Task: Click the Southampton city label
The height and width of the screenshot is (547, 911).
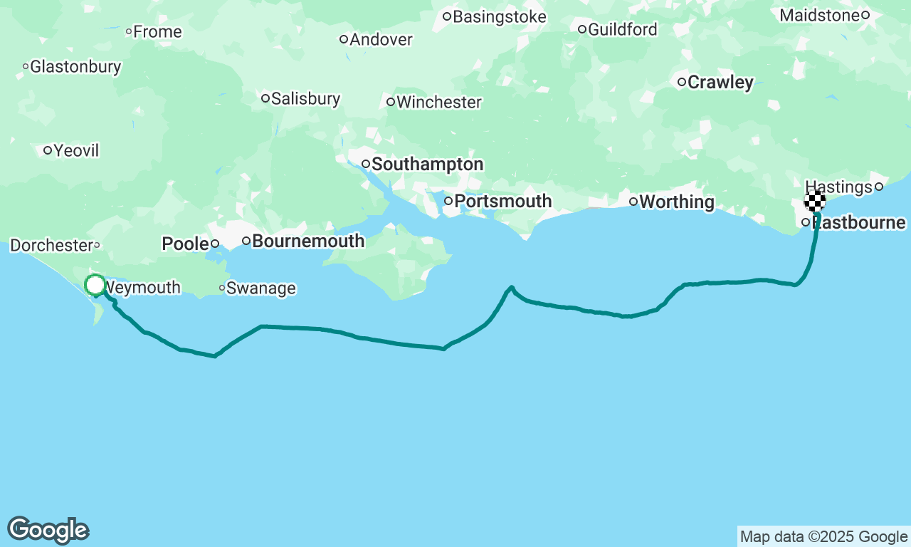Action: click(x=427, y=165)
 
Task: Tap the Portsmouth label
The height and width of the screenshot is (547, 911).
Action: click(x=502, y=202)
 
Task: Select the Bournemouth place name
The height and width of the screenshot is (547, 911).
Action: click(x=308, y=241)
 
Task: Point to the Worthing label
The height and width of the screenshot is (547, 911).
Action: click(x=676, y=202)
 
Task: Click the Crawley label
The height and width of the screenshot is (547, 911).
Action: click(x=720, y=83)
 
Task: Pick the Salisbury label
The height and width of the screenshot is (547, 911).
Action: click(x=305, y=98)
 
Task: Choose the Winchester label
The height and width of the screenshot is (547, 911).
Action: click(x=438, y=103)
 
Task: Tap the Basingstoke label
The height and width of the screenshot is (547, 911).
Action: click(x=499, y=16)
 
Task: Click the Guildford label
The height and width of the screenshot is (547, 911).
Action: click(x=622, y=30)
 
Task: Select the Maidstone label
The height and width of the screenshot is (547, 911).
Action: click(x=820, y=15)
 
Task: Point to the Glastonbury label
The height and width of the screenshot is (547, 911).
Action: click(x=75, y=67)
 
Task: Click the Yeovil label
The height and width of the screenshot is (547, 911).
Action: click(x=76, y=151)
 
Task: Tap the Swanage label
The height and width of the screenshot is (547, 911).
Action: click(x=260, y=288)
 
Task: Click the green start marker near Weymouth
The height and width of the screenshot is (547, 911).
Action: click(x=95, y=286)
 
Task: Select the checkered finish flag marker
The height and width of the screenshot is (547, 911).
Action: click(x=815, y=201)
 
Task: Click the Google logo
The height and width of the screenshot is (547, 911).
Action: click(x=48, y=531)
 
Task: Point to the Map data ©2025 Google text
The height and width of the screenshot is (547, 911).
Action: click(x=823, y=537)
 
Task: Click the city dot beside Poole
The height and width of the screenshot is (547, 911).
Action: click(x=214, y=244)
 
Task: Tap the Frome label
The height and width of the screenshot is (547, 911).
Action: click(x=157, y=32)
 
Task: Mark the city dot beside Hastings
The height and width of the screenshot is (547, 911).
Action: click(x=879, y=187)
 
